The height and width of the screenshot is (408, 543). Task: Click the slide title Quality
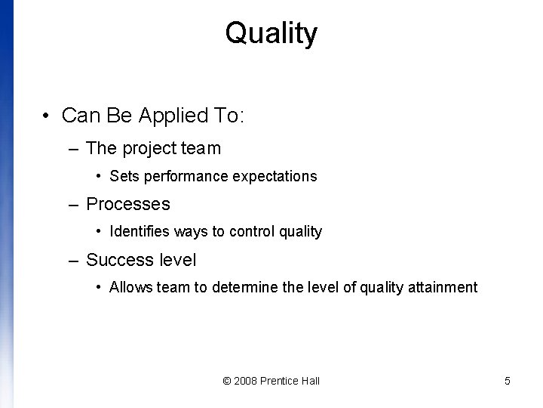point(271,33)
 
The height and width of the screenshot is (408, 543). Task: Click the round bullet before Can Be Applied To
point(48,116)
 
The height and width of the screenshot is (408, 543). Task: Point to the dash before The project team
point(72,149)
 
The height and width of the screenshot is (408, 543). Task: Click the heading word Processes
point(128,204)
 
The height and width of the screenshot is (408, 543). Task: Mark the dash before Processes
point(72,204)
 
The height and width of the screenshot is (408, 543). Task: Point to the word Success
point(113,260)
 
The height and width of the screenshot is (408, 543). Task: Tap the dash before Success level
point(72,260)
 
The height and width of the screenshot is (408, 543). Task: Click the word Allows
point(128,288)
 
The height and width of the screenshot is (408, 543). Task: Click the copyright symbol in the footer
point(227,381)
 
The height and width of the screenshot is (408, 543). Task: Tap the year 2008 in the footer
point(246,381)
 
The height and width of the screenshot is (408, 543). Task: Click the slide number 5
point(508,381)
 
